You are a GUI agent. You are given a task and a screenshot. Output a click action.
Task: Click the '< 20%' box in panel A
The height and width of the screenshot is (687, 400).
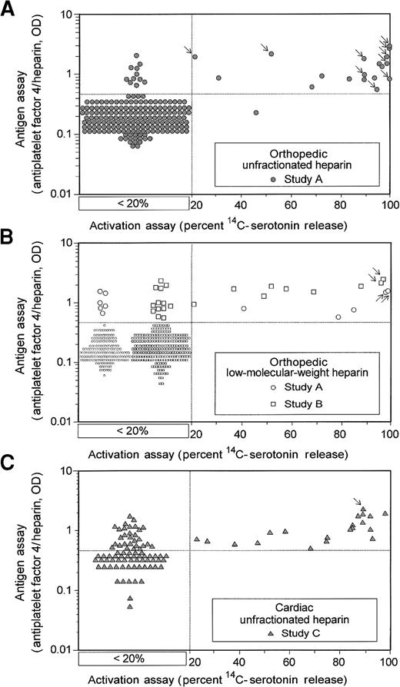(x=134, y=203)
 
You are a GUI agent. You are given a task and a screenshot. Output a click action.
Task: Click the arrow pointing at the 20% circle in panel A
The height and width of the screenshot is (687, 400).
(x=188, y=50)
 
